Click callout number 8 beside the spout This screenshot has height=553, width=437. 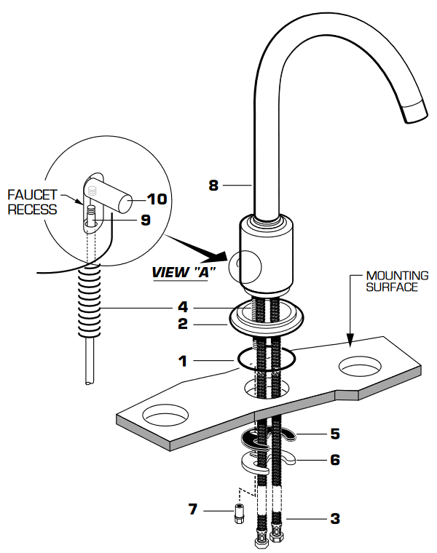pyautogui.click(x=213, y=186)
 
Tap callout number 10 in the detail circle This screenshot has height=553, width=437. pyautogui.click(x=157, y=199)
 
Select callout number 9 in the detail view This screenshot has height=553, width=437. pyautogui.click(x=145, y=219)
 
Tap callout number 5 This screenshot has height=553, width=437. pyautogui.click(x=334, y=434)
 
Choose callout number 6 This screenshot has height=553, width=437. pyautogui.click(x=334, y=460)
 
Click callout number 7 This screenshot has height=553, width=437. pyautogui.click(x=193, y=509)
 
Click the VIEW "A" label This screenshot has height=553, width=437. pyautogui.click(x=184, y=273)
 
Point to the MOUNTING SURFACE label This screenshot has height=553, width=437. pyautogui.click(x=397, y=281)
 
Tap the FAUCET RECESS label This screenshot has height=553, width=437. pyautogui.click(x=32, y=202)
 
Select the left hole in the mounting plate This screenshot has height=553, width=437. pyautogui.click(x=165, y=418)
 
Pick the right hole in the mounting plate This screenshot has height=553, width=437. pyautogui.click(x=361, y=366)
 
